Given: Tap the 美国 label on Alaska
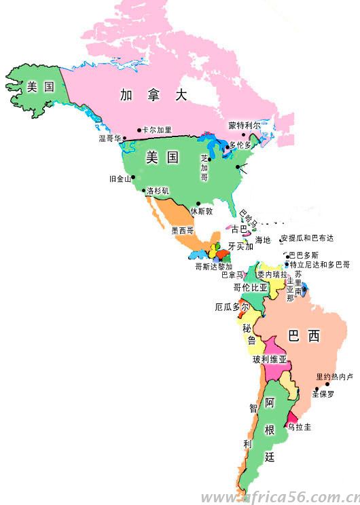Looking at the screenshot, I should click(x=40, y=86).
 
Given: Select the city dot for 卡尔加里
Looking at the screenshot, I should click(x=139, y=130).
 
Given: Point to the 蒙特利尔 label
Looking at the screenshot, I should click(x=245, y=126).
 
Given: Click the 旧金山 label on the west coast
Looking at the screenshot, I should click(x=120, y=179).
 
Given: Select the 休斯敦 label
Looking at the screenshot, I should click(x=201, y=211).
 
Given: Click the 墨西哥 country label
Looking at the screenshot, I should click(x=183, y=231).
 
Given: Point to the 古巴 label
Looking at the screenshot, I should click(x=240, y=229).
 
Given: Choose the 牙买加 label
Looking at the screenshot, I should click(x=240, y=246).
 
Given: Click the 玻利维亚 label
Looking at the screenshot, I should click(x=270, y=359).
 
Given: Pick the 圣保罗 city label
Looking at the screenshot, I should click(x=323, y=393).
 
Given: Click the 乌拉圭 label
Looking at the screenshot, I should click(x=299, y=427).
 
